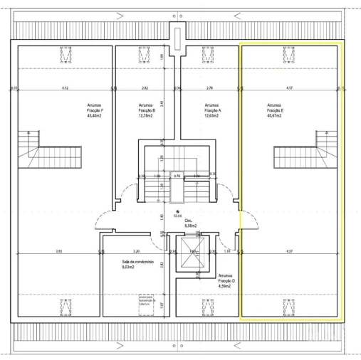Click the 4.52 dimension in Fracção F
coord(65,88)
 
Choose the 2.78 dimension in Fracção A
coord(209,88)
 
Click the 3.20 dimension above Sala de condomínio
coord(136,251)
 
